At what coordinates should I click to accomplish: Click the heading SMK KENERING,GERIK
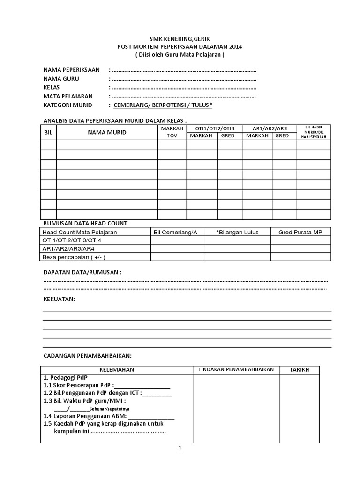coord(180,39)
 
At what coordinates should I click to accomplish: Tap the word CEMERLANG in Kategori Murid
coord(134,105)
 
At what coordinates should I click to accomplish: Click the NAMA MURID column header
coord(107,132)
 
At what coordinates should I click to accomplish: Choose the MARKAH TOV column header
coord(172,132)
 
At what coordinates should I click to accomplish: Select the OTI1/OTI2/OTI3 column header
coord(214,128)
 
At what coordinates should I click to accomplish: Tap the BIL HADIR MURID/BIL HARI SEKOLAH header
coord(314,132)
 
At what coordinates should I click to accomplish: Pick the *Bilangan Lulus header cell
coord(237,232)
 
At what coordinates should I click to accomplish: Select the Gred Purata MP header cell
coord(300,232)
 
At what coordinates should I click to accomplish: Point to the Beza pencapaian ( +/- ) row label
coord(74,257)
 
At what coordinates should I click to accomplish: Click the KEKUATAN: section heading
coord(59,299)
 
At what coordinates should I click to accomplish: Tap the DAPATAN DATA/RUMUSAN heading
coord(82,272)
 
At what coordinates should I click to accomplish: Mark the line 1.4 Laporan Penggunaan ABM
coord(109,416)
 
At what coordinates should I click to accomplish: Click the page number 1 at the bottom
coord(180,448)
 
